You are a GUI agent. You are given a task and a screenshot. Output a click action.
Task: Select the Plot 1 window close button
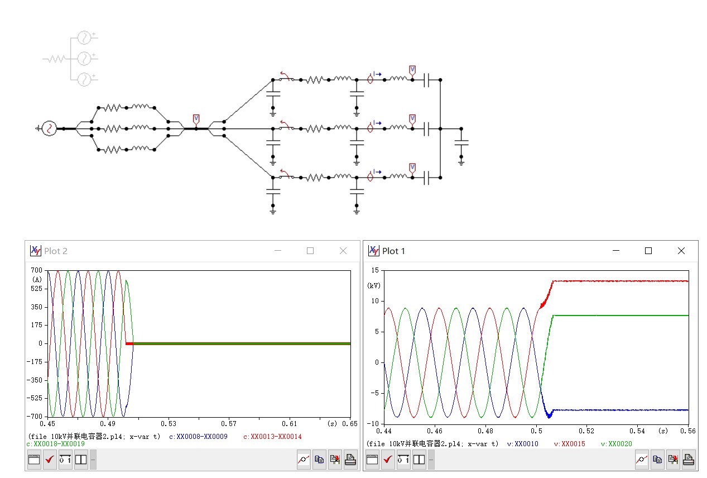pos(681,251)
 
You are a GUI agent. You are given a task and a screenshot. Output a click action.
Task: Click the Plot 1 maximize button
pos(648,251)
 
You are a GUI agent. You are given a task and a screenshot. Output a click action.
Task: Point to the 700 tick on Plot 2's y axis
pos(36,270)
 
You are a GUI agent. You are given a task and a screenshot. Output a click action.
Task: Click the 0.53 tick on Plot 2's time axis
pos(168,424)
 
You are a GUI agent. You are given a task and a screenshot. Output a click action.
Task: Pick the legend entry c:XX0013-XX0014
pos(272,437)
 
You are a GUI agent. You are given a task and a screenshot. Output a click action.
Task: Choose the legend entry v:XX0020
pos(617,444)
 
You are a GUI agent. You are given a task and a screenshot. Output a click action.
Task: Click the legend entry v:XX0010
pos(522,444)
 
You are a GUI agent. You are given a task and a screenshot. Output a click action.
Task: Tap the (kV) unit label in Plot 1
pos(374,285)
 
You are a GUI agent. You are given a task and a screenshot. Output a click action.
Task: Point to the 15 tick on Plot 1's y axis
pos(375,270)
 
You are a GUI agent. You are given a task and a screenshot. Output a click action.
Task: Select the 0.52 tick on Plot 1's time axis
pos(586,431)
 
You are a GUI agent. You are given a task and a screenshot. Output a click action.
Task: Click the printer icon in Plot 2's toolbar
pos(350,460)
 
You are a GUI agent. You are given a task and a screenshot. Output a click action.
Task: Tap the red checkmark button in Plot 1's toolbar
pos(388,460)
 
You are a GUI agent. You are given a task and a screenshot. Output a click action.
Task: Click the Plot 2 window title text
pos(56,251)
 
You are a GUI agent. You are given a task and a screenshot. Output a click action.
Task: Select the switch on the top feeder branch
pos(287,77)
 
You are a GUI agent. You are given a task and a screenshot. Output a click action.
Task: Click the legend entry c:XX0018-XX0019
pos(56,444)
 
